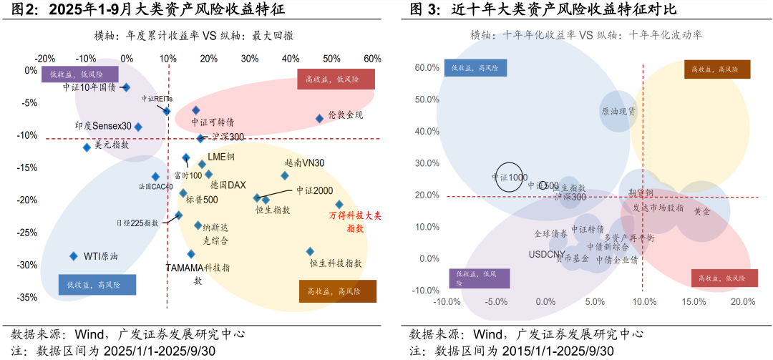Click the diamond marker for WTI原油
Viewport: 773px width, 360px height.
[x=73, y=256]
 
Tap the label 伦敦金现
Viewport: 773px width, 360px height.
[x=345, y=115]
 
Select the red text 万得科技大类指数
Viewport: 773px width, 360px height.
[x=355, y=221]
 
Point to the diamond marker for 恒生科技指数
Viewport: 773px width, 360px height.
[x=310, y=251]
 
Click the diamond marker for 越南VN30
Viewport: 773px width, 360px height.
[x=285, y=175]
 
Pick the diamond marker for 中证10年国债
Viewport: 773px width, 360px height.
[x=126, y=87]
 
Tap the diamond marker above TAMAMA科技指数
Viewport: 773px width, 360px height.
[x=191, y=254]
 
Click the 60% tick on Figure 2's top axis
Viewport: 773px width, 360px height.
[x=372, y=59]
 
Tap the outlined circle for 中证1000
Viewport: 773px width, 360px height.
[x=509, y=176]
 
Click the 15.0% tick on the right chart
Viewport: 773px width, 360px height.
[x=693, y=302]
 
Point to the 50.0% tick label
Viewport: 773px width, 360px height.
[x=427, y=99]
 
